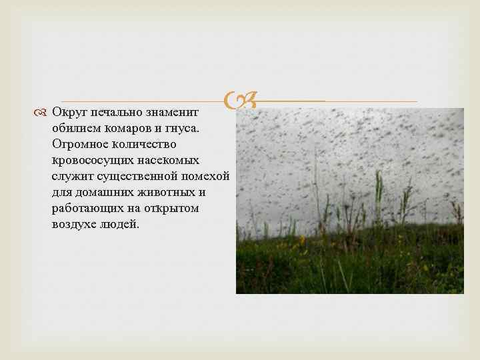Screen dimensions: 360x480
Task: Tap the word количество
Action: [x=147, y=143]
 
